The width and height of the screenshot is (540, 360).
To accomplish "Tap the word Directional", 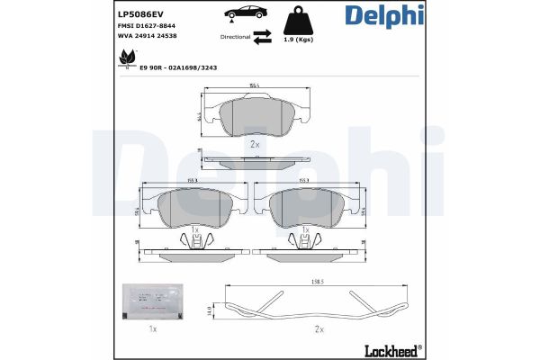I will (234, 37).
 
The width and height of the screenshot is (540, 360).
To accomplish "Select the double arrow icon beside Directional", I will (261, 37).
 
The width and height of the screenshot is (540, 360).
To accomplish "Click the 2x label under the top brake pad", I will (253, 144).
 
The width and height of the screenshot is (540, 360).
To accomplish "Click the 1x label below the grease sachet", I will (152, 329).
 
